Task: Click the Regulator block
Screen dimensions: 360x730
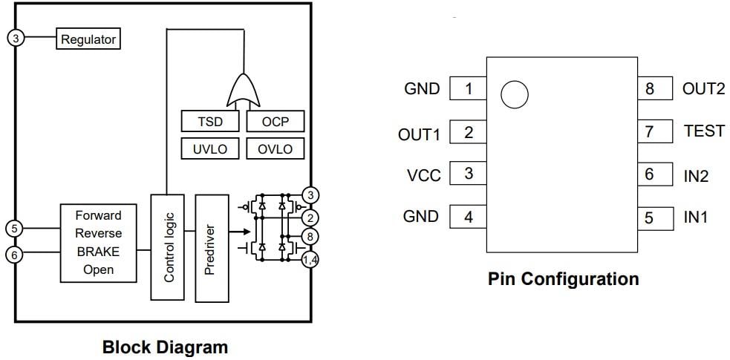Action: [88, 39]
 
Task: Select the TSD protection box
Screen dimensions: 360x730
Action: [210, 122]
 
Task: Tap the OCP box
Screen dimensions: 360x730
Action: [275, 122]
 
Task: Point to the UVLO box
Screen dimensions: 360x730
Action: [210, 148]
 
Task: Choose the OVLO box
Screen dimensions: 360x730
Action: [275, 148]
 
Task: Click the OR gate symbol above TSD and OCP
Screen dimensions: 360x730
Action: [243, 91]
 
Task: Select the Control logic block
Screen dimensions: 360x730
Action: [169, 247]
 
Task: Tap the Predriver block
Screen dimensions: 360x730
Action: [212, 247]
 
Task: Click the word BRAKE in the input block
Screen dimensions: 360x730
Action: [97, 252]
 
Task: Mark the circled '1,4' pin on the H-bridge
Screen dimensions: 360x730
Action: [310, 259]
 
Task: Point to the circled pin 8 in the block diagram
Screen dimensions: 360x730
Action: [310, 237]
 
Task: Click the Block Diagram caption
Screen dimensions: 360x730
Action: [165, 347]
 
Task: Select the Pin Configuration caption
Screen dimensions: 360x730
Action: [563, 279]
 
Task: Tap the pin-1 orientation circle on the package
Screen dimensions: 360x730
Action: [515, 94]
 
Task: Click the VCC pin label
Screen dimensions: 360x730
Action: [423, 175]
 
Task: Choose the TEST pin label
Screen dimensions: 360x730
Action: [703, 131]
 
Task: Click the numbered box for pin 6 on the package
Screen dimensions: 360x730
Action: [649, 174]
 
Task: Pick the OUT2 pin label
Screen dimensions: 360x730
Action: [703, 88]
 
